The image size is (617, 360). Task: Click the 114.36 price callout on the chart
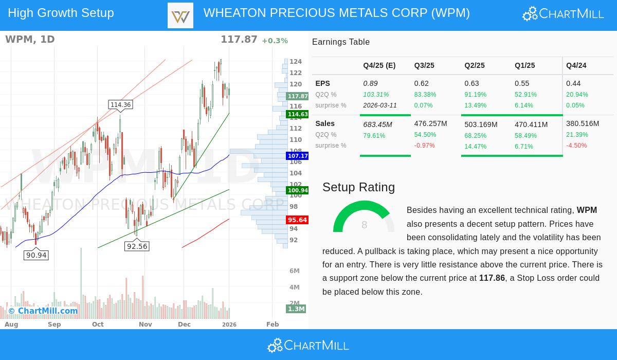(x=121, y=105)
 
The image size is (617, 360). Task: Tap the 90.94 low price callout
(x=36, y=255)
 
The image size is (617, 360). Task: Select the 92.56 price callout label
(x=137, y=246)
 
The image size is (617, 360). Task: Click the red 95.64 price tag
(x=297, y=220)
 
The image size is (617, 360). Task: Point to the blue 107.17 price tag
(x=297, y=156)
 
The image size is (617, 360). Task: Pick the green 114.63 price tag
(x=297, y=114)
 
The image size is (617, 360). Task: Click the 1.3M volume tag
(x=296, y=309)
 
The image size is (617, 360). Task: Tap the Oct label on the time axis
(x=98, y=325)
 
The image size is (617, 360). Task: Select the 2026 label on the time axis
(x=229, y=325)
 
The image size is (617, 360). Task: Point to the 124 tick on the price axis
(x=296, y=62)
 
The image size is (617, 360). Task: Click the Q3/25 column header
(x=424, y=66)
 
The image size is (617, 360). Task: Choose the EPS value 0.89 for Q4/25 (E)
(x=370, y=83)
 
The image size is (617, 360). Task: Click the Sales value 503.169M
(x=481, y=124)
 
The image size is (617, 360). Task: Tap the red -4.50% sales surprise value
(x=576, y=146)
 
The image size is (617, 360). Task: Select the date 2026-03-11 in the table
(x=380, y=105)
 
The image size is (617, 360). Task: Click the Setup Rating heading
(x=358, y=187)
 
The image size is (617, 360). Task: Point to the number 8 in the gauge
(x=364, y=225)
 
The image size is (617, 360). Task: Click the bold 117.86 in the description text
(x=492, y=278)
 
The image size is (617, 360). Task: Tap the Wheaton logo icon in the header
(x=180, y=15)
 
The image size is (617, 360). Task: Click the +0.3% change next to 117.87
(x=275, y=41)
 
